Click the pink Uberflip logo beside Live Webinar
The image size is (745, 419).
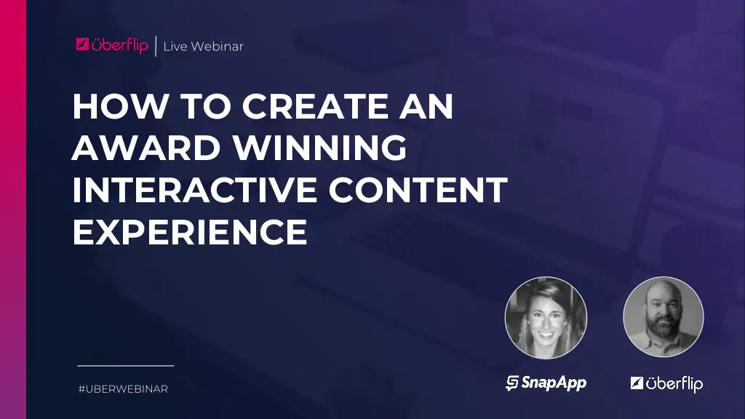(x=112, y=45)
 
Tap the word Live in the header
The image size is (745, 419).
(x=175, y=47)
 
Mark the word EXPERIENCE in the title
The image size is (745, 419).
(x=189, y=232)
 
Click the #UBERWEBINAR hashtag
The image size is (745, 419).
(x=123, y=389)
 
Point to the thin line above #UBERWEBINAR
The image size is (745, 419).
(x=125, y=365)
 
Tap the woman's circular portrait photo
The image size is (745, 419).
(x=546, y=318)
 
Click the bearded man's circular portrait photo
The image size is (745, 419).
(x=663, y=317)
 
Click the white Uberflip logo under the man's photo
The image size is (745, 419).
(x=666, y=383)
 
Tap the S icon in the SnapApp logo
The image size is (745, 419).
(x=512, y=383)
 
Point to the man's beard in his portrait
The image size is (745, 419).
(x=663, y=330)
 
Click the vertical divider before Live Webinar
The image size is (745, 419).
(x=156, y=46)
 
